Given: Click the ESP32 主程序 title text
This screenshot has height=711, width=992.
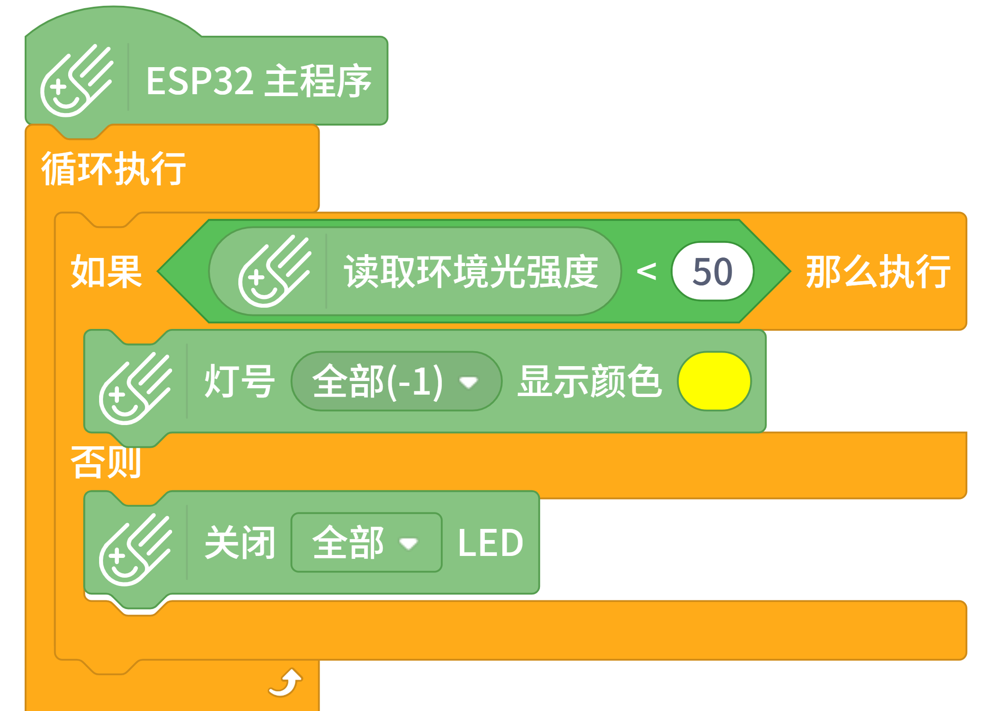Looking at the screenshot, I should (259, 81).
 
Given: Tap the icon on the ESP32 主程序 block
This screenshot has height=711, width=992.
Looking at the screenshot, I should (76, 81).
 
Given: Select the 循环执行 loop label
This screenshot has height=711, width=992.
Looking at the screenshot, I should (114, 169).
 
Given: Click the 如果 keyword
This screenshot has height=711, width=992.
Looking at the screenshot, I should (106, 271).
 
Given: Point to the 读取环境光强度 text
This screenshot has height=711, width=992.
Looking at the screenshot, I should (471, 271).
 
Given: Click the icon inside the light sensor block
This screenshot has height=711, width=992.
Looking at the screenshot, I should (274, 271).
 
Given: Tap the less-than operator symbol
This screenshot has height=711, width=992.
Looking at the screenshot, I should (646, 271).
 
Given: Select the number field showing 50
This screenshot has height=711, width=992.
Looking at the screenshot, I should (712, 271).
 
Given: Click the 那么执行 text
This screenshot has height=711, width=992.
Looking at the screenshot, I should (878, 271).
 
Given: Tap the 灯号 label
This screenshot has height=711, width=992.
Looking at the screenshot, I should (240, 382).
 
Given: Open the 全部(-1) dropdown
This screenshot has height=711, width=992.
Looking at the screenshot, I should (377, 382).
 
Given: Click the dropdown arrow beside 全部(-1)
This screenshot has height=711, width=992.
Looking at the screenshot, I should (468, 383).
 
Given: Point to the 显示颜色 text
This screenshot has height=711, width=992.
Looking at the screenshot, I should (590, 382).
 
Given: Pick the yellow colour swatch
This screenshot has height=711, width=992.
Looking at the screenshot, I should (714, 382).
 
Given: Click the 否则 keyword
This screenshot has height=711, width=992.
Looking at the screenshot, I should (106, 462).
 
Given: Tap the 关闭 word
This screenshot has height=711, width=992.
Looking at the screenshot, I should (240, 543).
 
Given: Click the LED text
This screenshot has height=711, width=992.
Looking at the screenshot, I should (490, 543).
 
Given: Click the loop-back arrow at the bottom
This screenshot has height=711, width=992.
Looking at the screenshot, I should (286, 683).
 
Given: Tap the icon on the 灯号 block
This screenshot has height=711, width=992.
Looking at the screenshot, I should (135, 389).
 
